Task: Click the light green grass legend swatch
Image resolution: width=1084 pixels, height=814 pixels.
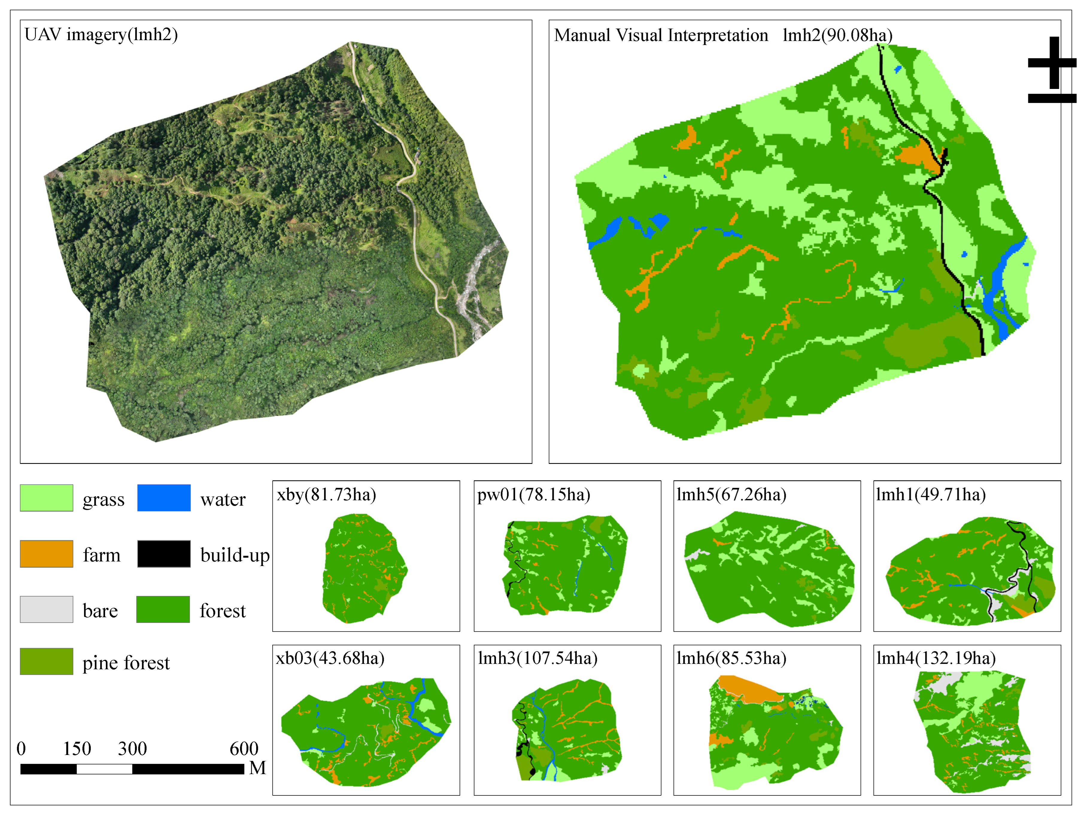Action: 47,498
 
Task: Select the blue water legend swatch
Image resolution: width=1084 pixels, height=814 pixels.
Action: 164,498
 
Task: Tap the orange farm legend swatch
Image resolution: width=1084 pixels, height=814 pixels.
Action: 47,554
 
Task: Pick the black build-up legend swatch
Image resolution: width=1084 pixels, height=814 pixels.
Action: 164,554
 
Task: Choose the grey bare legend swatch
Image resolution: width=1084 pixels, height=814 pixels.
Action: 47,609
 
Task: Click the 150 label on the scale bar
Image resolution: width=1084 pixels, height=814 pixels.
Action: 77,749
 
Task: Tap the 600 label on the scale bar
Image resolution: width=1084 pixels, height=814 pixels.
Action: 244,749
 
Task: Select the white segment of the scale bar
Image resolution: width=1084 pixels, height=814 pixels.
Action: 104,769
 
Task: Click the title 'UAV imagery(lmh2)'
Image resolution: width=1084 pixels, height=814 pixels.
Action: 101,35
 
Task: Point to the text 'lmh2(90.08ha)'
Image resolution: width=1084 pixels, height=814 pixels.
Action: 837,35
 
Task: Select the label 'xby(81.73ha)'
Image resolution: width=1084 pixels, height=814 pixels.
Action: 327,494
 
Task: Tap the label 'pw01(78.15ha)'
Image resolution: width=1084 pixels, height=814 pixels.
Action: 534,494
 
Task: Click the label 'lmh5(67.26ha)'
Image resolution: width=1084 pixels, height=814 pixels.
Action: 731,494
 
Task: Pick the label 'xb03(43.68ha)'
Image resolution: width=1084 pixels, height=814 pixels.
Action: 330,658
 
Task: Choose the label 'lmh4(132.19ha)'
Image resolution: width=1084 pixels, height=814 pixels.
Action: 936,658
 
